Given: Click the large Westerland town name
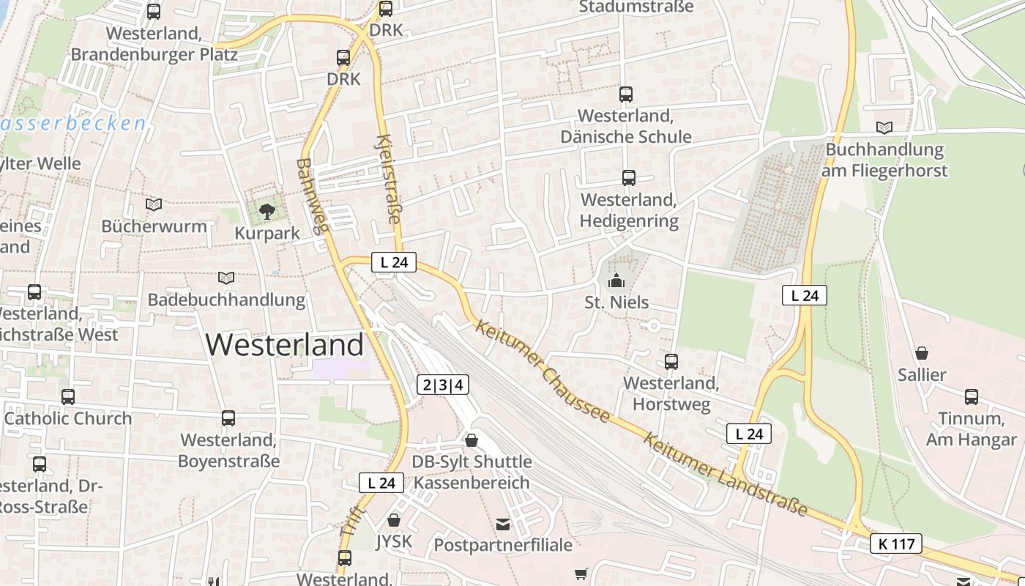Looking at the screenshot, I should point(285,344).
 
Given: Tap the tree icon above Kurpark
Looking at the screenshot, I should point(267,212).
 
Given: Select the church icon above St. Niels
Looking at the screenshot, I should point(616,281).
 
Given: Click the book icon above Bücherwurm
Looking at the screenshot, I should point(154,204).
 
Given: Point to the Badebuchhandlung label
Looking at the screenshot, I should point(226,300).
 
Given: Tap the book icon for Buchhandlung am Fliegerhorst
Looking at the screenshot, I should point(884,127).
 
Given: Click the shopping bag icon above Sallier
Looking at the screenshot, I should point(922,354).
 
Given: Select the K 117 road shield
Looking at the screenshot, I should point(895,544).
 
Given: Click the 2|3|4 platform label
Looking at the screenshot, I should point(444,385).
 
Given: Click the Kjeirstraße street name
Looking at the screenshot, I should point(389,179).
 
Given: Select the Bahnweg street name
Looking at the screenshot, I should point(311,196).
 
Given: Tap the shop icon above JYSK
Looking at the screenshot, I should point(394,520).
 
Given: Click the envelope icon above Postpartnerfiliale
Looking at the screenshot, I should point(503,524).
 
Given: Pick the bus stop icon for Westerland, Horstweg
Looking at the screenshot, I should point(671,362).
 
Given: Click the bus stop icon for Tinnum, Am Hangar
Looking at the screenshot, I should point(972,397).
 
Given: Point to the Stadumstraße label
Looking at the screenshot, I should point(635,7).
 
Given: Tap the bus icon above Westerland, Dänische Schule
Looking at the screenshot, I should point(625,94).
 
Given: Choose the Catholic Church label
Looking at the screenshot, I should point(68,418).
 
